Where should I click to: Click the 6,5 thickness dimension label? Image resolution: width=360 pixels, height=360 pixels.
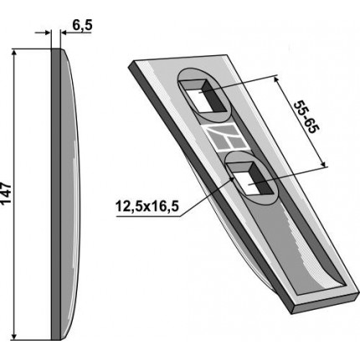point(82,25)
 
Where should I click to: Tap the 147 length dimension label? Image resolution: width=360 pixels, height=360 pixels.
point(6,193)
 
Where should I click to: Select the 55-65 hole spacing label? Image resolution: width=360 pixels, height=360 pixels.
point(306,117)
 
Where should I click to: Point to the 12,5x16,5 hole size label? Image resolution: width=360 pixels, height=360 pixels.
point(147,207)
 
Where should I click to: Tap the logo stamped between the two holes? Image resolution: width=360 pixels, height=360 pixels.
point(225,137)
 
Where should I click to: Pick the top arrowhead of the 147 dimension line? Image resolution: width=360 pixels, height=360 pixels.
point(14,53)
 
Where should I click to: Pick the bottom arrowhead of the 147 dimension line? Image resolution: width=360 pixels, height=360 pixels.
point(14,337)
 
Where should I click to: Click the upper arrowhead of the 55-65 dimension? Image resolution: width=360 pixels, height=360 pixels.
point(276,80)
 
